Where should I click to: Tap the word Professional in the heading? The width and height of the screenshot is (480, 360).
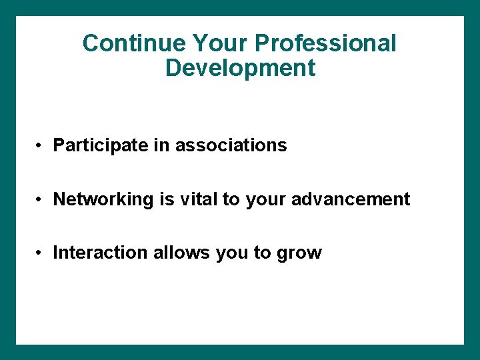(x=326, y=43)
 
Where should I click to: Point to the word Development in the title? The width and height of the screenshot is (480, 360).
(x=240, y=68)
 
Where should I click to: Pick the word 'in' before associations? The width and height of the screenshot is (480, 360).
(x=162, y=145)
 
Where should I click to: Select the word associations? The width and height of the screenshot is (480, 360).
(x=231, y=145)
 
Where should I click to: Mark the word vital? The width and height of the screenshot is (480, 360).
(x=198, y=199)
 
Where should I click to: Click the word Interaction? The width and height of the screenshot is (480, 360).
(x=101, y=253)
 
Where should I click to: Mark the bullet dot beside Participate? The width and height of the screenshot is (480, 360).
(x=41, y=146)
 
